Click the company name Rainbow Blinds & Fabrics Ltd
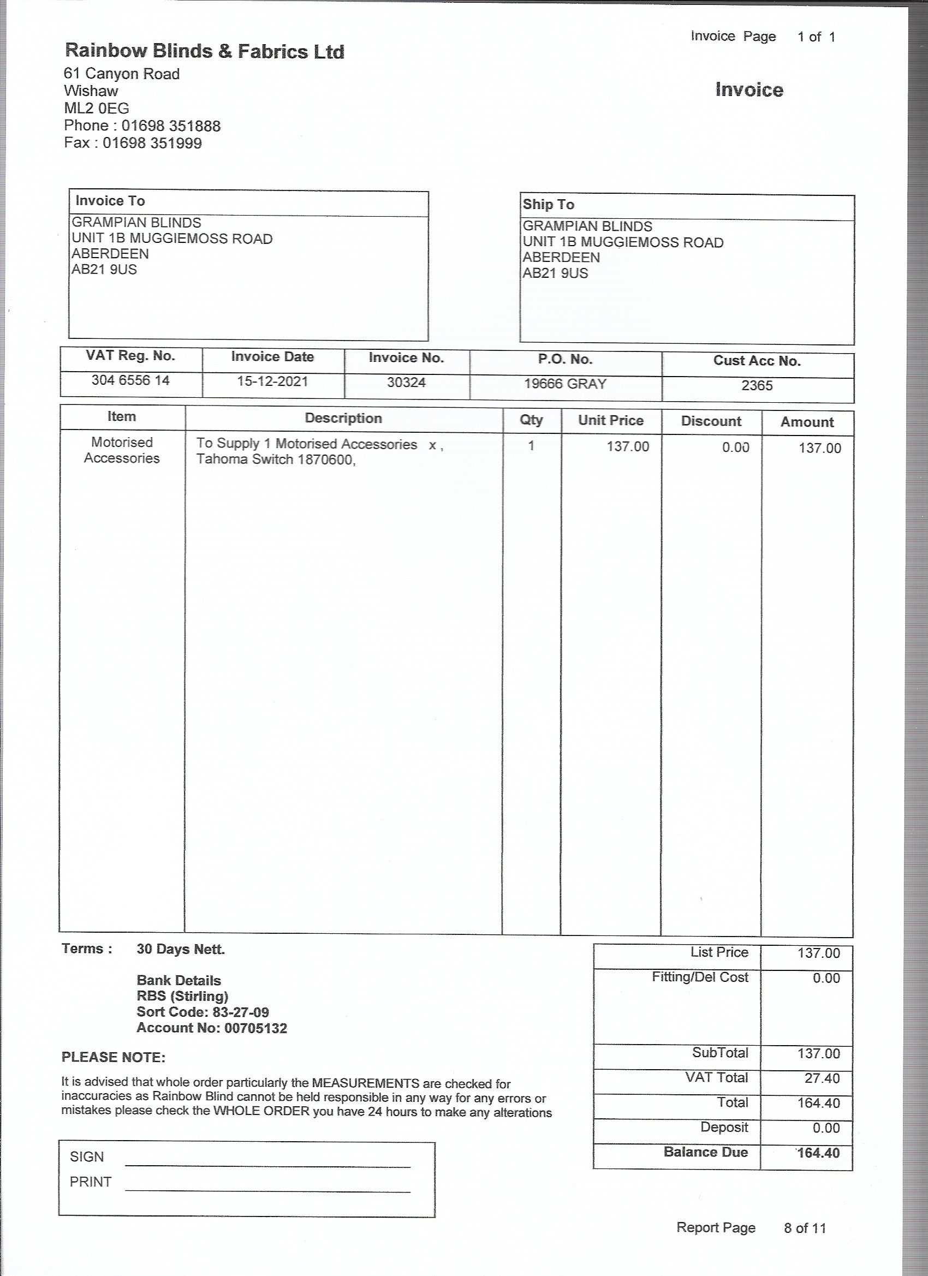point(204,51)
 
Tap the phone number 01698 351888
point(170,126)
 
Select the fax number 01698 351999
point(152,143)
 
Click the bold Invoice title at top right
point(749,90)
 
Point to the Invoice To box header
point(110,201)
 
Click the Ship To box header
point(549,204)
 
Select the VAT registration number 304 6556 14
point(130,380)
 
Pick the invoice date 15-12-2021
point(272,381)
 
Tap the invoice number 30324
point(406,383)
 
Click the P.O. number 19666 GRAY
point(565,384)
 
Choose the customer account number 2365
point(757,385)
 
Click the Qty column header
point(531,420)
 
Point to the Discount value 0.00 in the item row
point(735,448)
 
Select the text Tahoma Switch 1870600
point(275,460)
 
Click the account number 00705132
point(255,1028)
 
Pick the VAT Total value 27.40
point(822,1078)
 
